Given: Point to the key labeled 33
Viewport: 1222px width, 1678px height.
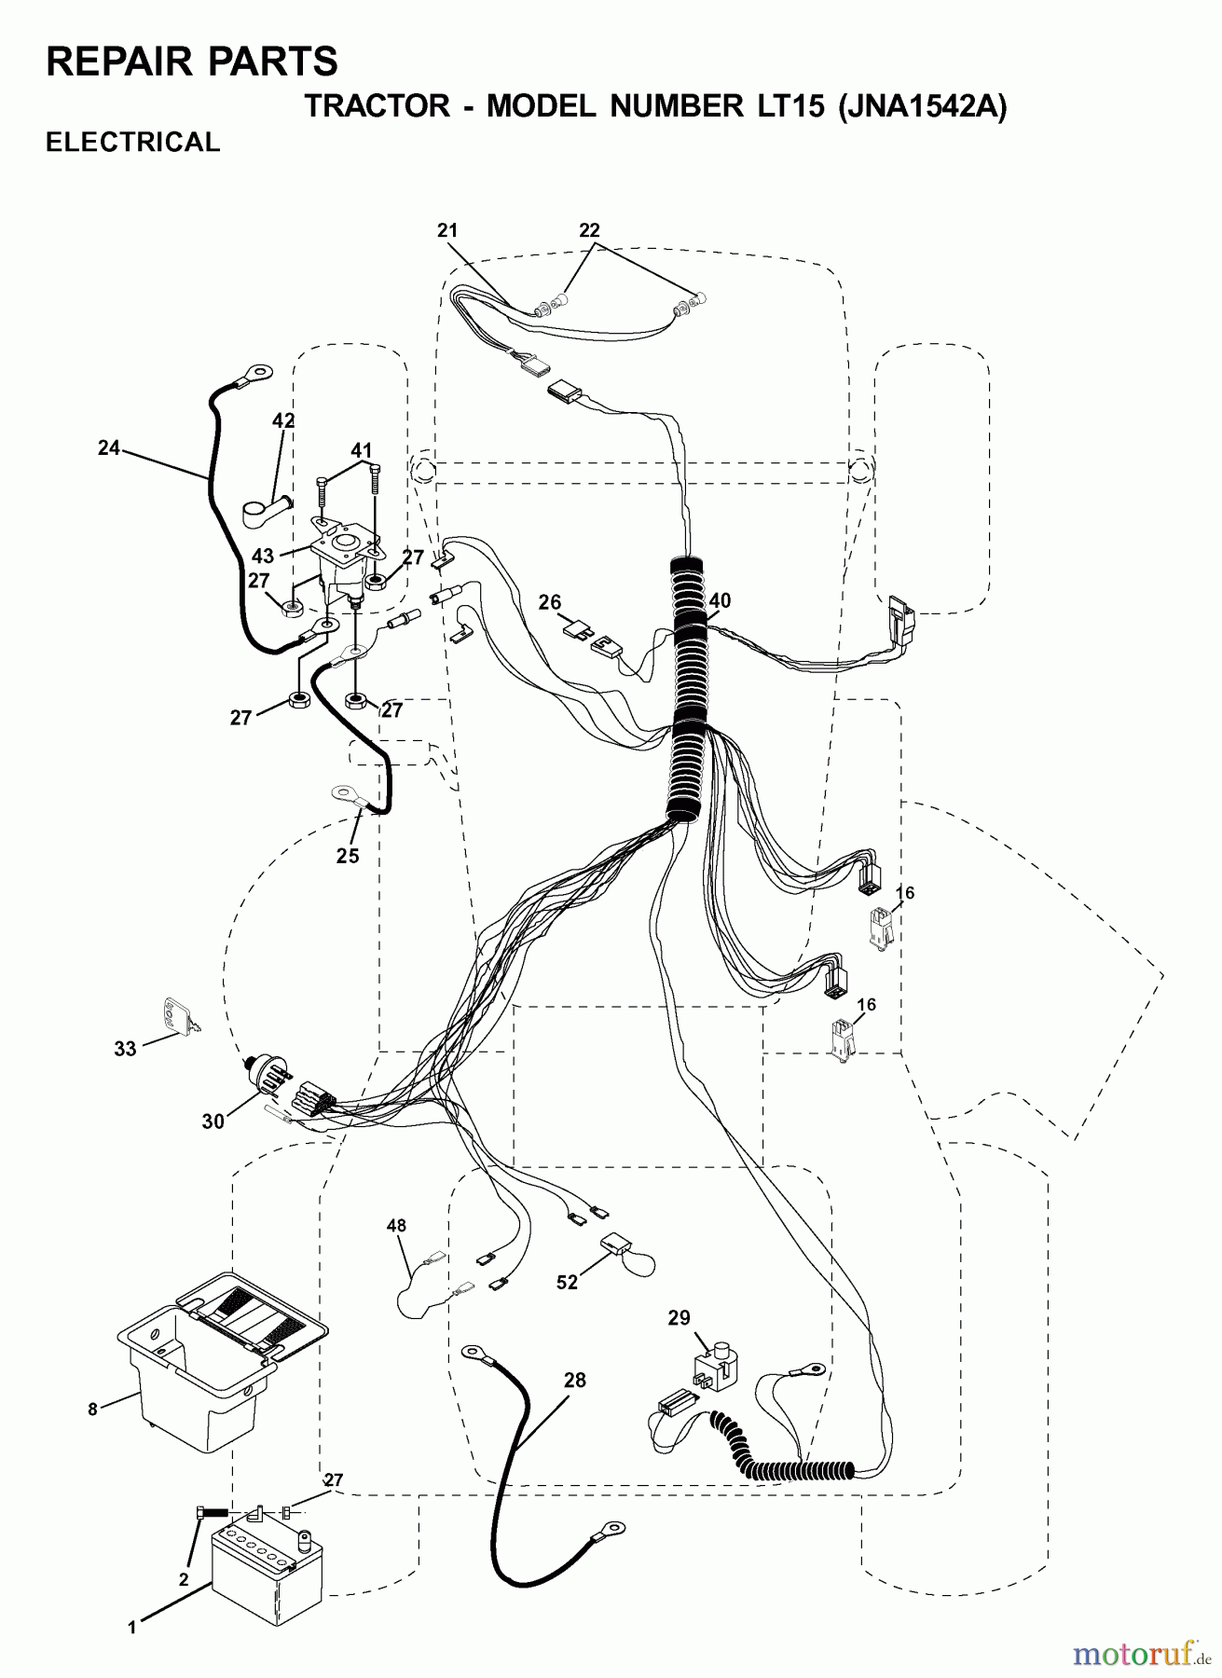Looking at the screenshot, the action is pos(181,1017).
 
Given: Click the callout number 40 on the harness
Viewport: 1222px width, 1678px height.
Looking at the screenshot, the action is pos(719,601).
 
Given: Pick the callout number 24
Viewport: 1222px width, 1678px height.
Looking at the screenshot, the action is pos(109,448).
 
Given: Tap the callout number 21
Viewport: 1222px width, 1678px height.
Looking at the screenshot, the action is pos(448,230).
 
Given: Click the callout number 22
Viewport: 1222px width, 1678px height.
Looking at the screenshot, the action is pos(589,230).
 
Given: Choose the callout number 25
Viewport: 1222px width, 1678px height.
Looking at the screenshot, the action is pos(348,856).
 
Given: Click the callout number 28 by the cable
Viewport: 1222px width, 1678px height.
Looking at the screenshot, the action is pos(575,1381).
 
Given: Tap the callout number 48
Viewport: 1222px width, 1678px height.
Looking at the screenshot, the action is pos(396,1226).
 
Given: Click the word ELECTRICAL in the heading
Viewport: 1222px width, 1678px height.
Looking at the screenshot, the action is pos(133,143).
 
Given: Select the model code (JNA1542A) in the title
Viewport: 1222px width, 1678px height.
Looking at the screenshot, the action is pos(924,107).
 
